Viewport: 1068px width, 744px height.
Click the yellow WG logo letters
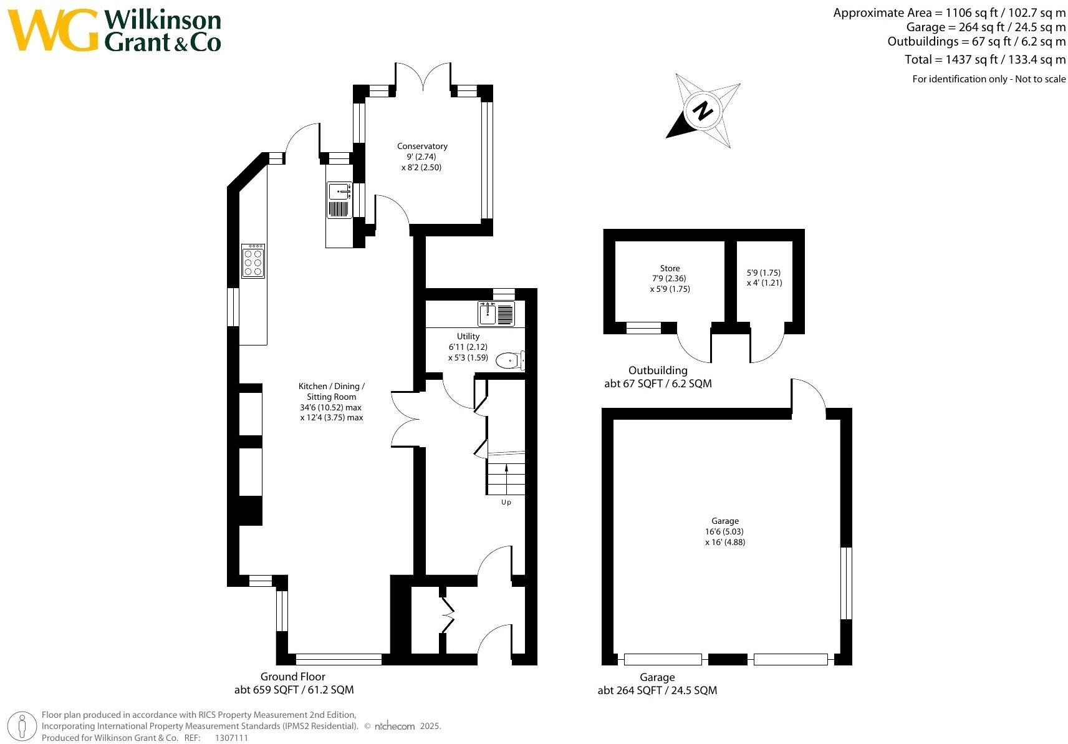[x=53, y=30]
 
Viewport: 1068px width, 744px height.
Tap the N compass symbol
[x=703, y=110]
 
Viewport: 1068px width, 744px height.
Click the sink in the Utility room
[x=496, y=314]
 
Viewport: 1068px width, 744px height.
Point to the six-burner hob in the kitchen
[x=253, y=261]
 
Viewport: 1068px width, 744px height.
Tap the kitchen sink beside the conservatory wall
[x=339, y=200]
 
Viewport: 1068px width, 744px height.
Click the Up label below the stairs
[x=506, y=502]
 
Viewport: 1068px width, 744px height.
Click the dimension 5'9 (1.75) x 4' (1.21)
[x=764, y=278]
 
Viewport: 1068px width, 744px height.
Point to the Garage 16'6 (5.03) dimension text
[x=724, y=531]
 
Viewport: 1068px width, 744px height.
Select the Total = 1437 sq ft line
[x=985, y=60]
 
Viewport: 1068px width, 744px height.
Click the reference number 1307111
[x=231, y=738]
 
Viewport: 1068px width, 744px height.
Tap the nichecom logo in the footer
[x=394, y=727]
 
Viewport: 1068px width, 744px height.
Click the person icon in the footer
[x=22, y=727]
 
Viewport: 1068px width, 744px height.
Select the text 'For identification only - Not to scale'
[x=989, y=79]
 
